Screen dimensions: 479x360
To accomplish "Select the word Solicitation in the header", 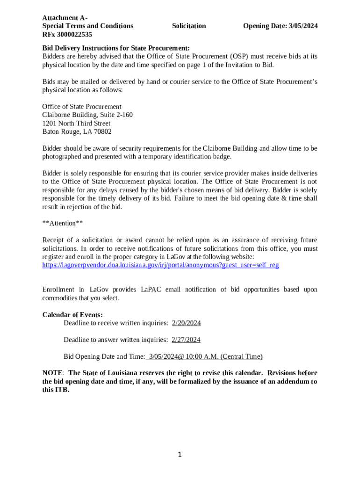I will [189, 26].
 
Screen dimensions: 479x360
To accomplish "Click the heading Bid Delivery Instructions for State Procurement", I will [116, 48].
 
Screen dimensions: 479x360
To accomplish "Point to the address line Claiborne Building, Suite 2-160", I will [87, 115].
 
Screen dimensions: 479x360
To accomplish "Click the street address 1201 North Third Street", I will [76, 123].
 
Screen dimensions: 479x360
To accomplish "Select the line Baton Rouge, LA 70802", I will [77, 132].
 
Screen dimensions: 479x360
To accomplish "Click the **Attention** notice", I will [63, 223].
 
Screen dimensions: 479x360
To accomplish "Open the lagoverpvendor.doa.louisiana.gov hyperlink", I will [160, 265].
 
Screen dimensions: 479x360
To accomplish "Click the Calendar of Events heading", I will [72, 314].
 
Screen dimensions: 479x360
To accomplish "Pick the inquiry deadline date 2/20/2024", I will [186, 323].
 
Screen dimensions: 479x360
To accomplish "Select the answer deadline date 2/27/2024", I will [186, 340].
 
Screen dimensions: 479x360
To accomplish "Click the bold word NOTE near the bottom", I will [52, 373].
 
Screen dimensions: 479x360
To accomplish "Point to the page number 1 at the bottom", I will [180, 455].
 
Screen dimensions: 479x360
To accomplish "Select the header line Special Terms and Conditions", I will [87, 26].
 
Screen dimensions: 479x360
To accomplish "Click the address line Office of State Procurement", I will [82, 107].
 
